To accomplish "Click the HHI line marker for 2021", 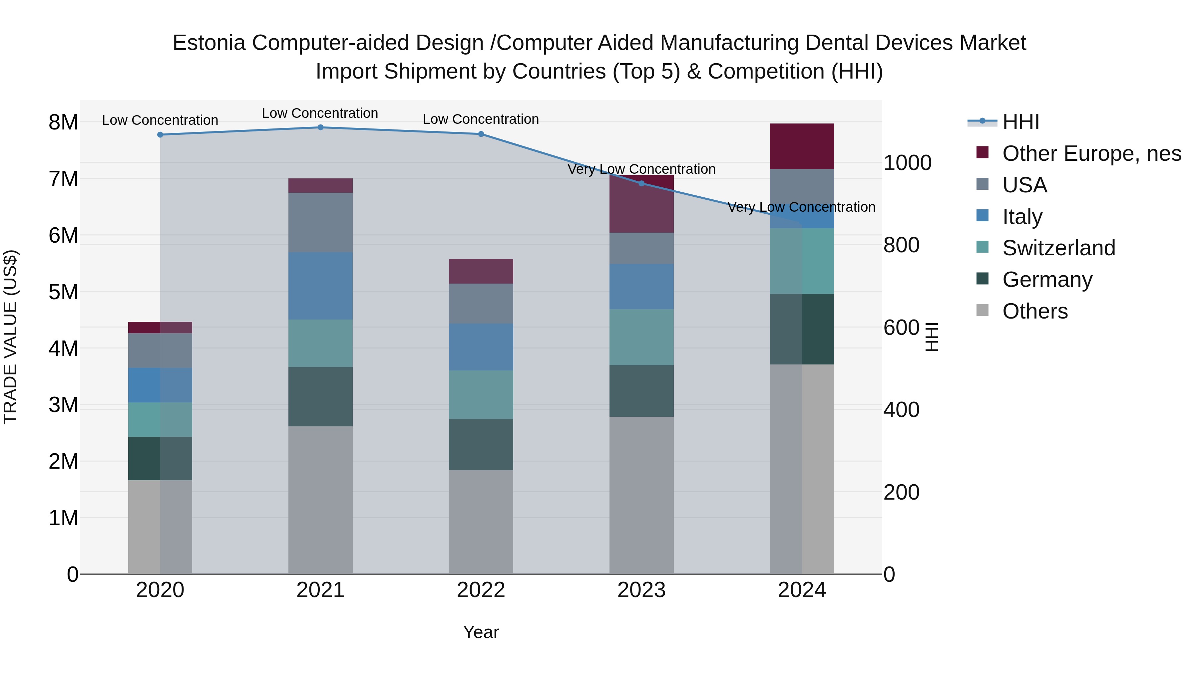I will point(320,127).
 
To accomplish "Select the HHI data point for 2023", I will point(641,183).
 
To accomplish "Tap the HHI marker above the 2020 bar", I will point(160,135).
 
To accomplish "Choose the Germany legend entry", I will point(1047,280).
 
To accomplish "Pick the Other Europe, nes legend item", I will point(1091,153).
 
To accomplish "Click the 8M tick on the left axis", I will point(63,122).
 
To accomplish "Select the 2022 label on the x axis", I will point(481,590).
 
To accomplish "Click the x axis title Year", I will point(481,632).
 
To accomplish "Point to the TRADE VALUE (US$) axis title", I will point(10,337).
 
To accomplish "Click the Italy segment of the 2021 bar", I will point(320,286).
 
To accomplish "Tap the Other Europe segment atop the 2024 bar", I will point(802,146).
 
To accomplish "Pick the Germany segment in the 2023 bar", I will point(641,391).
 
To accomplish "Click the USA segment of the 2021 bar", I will point(320,222).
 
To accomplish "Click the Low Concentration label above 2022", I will point(481,119).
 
